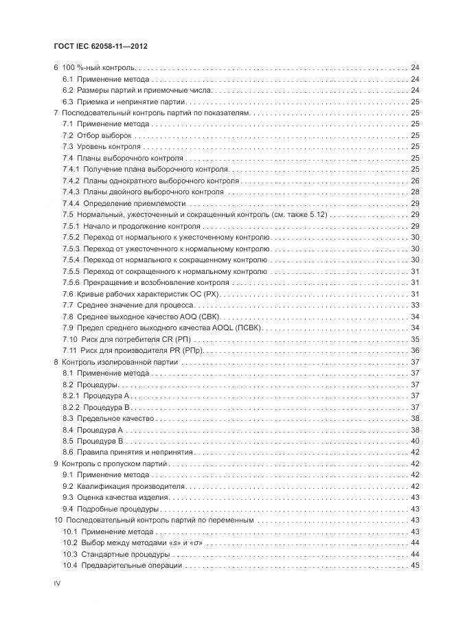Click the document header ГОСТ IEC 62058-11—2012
pyautogui.click(x=101, y=46)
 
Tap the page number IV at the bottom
pyautogui.click(x=57, y=583)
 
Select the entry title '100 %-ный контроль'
pyautogui.click(x=99, y=68)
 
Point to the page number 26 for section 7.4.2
pyautogui.click(x=415, y=181)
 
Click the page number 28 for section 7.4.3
pyautogui.click(x=415, y=192)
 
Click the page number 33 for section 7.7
pyautogui.click(x=415, y=305)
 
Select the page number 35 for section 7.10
pyautogui.click(x=415, y=339)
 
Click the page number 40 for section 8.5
pyautogui.click(x=415, y=441)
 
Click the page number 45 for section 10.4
pyautogui.click(x=415, y=565)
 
